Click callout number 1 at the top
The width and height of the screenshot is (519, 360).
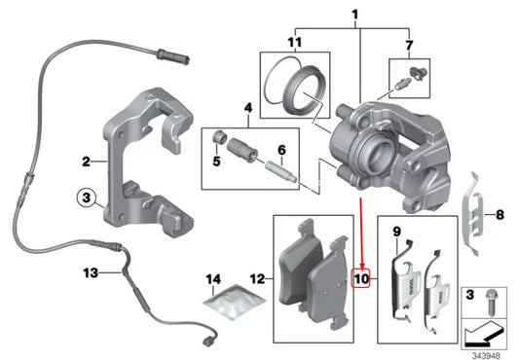(x=355, y=16)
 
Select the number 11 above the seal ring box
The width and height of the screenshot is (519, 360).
(x=294, y=44)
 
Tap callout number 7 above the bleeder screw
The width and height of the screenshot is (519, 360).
(x=410, y=44)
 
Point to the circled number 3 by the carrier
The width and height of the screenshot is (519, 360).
(x=86, y=198)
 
